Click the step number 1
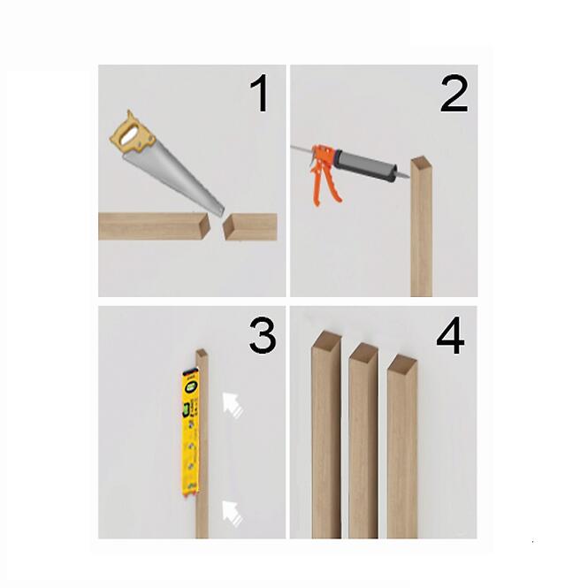(x=259, y=93)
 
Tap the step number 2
(x=454, y=94)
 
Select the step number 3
(x=263, y=335)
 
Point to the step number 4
(x=450, y=335)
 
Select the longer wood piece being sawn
(x=154, y=226)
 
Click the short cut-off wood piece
(x=250, y=226)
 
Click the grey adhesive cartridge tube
(x=366, y=165)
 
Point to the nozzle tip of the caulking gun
(x=403, y=175)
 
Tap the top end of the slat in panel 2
(x=422, y=162)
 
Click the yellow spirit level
(x=190, y=432)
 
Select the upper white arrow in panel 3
(x=233, y=405)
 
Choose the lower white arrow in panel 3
(x=233, y=514)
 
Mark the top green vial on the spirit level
(x=191, y=386)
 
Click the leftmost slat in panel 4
(x=326, y=434)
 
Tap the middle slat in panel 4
(x=363, y=440)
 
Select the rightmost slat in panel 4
(x=402, y=447)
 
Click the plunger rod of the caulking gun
(x=302, y=149)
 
